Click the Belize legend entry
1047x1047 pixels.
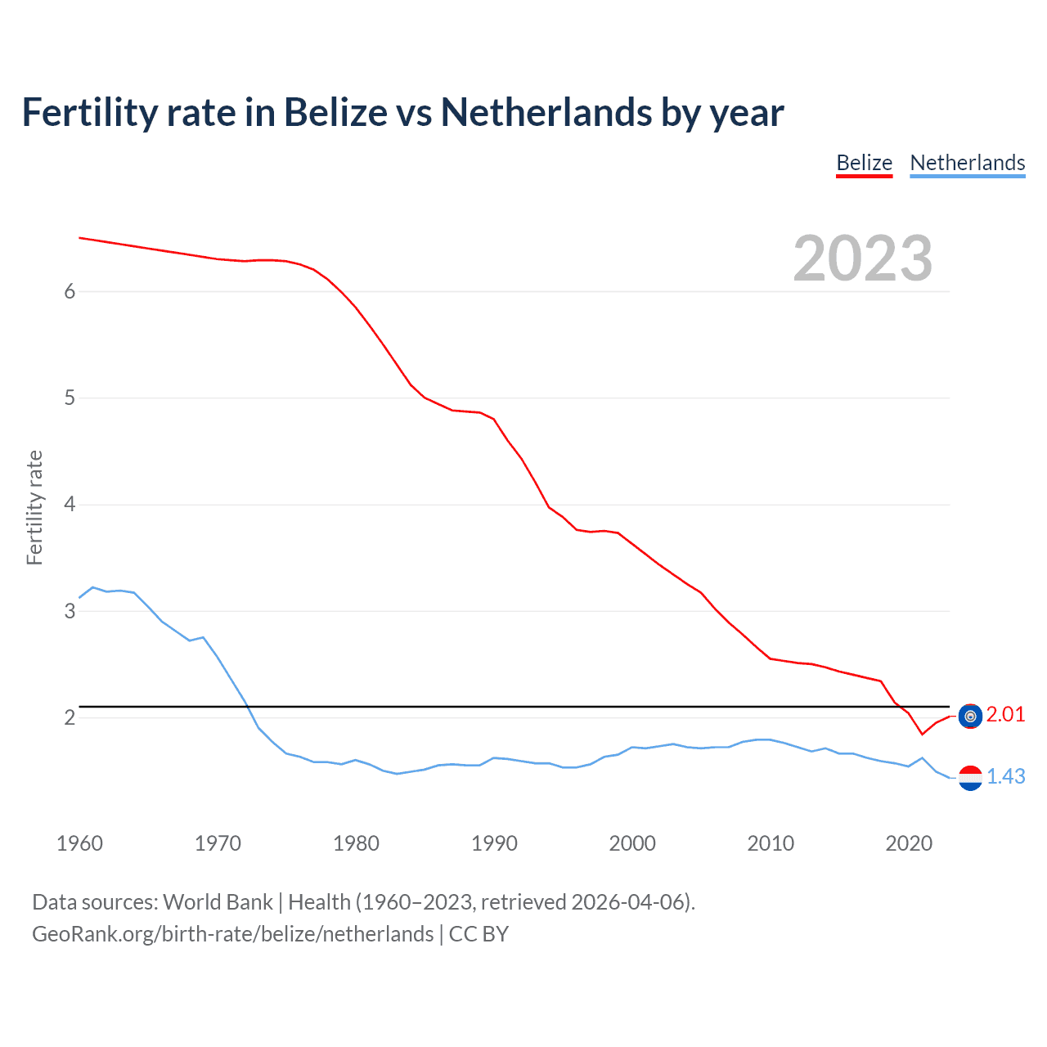[x=864, y=163]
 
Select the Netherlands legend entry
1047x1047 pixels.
[x=967, y=163]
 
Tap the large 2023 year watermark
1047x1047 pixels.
[x=862, y=258]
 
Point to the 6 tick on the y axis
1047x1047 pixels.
[x=70, y=292]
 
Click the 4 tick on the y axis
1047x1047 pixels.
[x=70, y=505]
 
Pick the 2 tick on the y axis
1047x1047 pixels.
[x=70, y=717]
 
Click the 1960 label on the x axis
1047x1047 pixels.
[x=79, y=843]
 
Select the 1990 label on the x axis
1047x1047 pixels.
[x=494, y=843]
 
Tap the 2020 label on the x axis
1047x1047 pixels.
[x=909, y=843]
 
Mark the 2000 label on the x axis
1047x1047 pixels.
[x=632, y=843]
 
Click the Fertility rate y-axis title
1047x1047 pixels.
[x=34, y=507]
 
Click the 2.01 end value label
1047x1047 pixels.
[x=1005, y=714]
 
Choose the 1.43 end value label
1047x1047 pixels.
[x=1005, y=776]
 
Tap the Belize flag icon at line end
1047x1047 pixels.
[x=970, y=717]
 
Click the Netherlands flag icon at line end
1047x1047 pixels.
[x=970, y=778]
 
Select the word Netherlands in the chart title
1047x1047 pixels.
[x=546, y=112]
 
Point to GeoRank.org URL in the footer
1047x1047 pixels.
[x=233, y=934]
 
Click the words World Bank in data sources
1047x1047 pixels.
[x=218, y=902]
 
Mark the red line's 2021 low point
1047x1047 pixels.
[x=922, y=735]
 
